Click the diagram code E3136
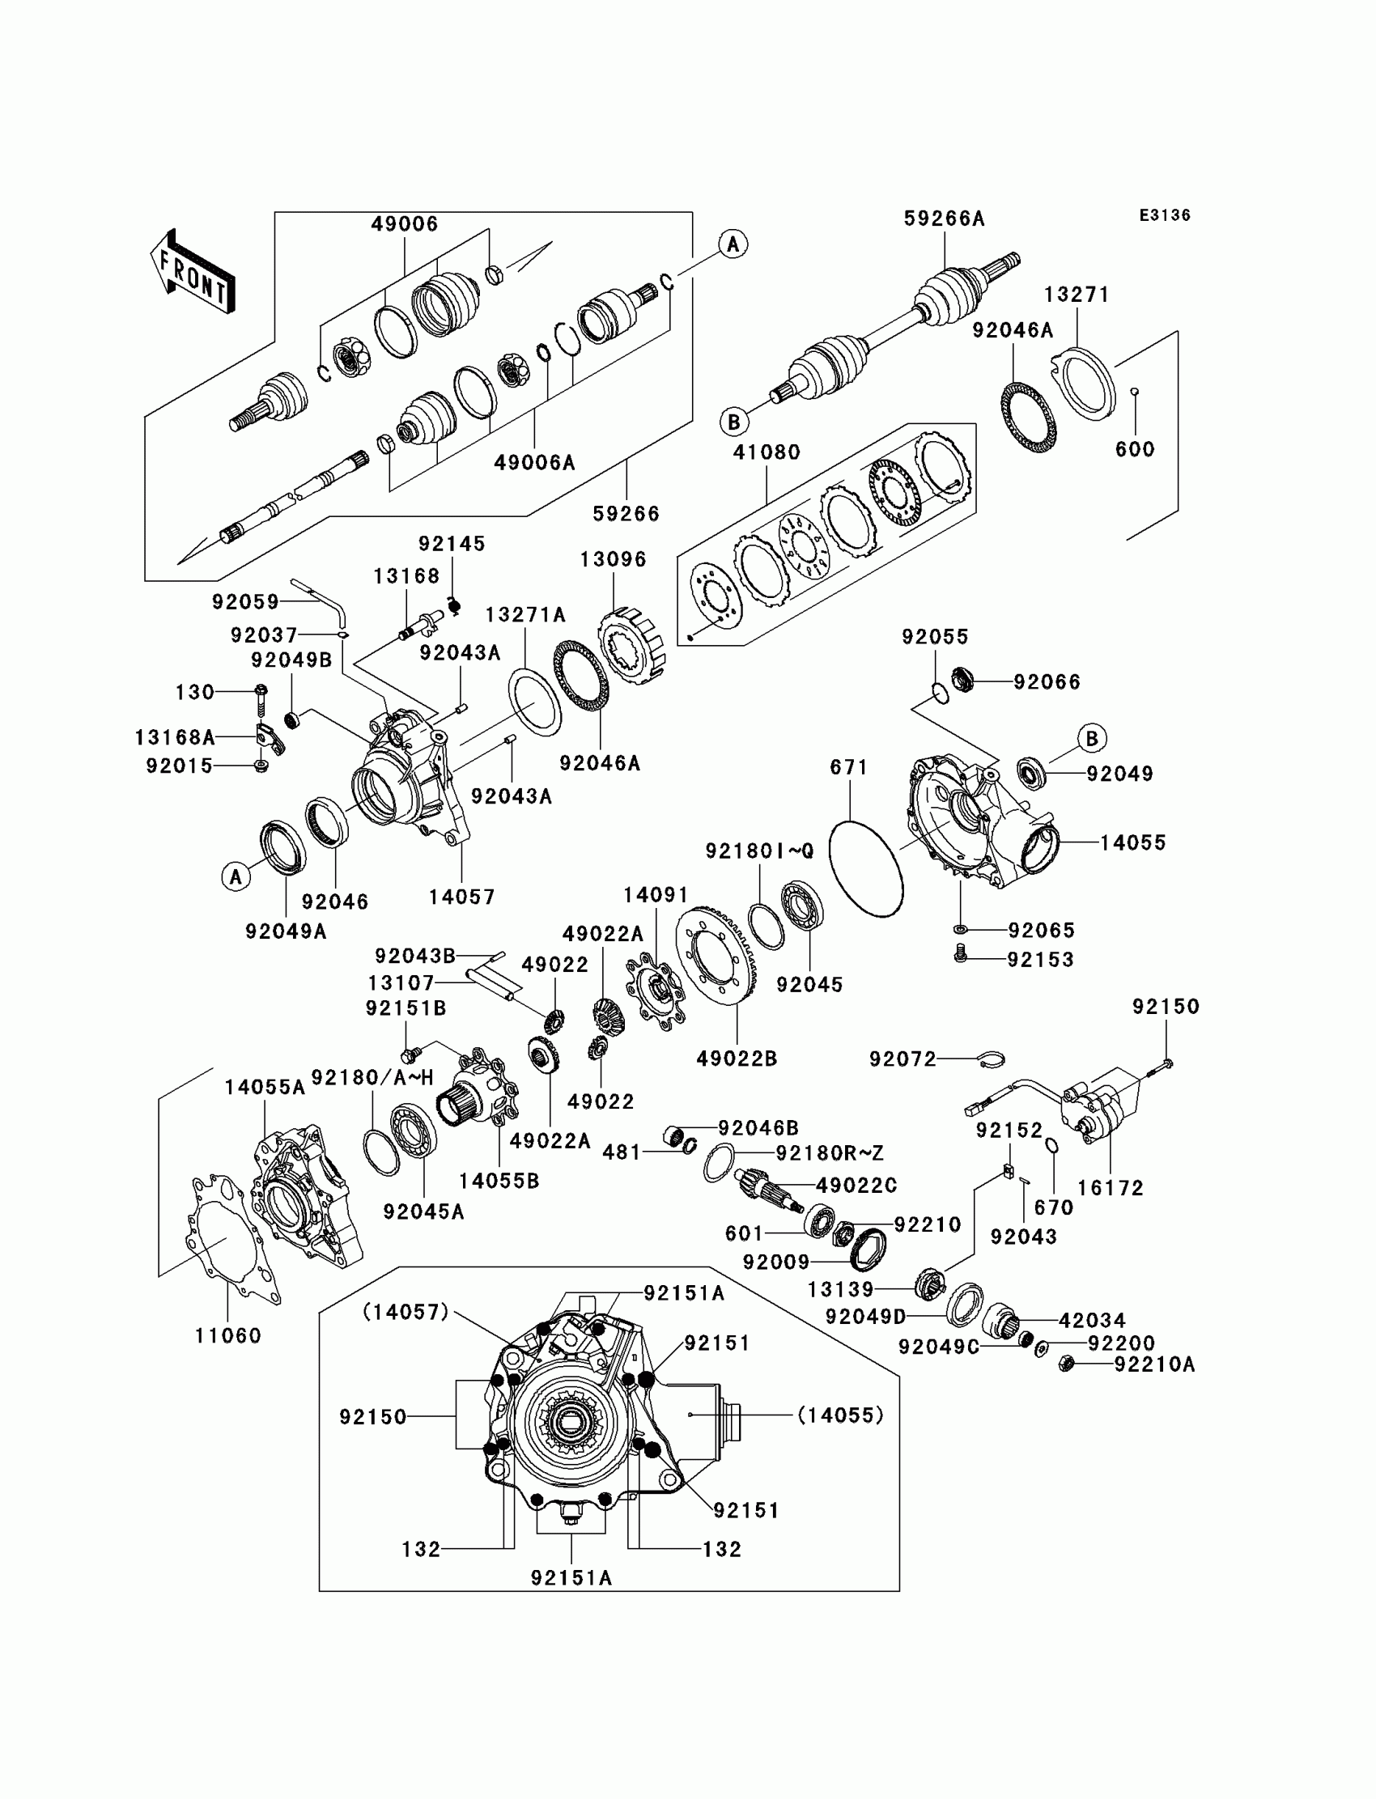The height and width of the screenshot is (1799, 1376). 1165,215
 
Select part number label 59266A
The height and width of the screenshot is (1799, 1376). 945,219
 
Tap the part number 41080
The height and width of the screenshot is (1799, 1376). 767,452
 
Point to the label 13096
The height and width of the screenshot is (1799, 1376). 614,559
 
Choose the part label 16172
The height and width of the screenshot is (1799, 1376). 1111,1187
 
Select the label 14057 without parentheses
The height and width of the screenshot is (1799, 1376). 462,897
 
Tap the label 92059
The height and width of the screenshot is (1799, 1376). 246,602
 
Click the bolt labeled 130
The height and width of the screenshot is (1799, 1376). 261,696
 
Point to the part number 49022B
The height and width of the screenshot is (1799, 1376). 737,1059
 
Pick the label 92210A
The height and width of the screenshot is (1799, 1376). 1155,1364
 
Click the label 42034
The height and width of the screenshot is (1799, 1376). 1093,1320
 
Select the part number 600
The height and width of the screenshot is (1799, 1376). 1135,448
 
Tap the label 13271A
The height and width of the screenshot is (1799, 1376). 525,614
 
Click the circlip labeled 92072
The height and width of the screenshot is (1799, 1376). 993,1059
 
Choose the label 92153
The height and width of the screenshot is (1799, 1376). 1040,959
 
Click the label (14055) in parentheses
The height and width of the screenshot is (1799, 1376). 841,1414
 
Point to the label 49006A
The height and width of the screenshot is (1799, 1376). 535,463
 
